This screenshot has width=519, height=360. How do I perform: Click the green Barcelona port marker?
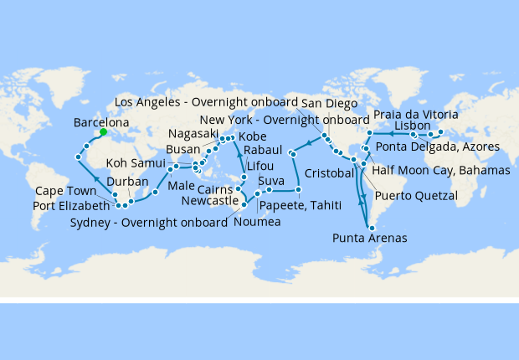103,131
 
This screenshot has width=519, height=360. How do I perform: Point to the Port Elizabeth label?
70,206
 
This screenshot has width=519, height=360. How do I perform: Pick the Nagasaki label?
193,134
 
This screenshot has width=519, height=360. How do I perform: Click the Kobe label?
253,136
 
